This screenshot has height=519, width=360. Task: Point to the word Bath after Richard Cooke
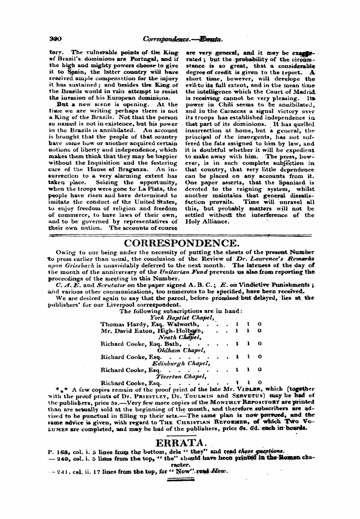pyautogui.click(x=173, y=344)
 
